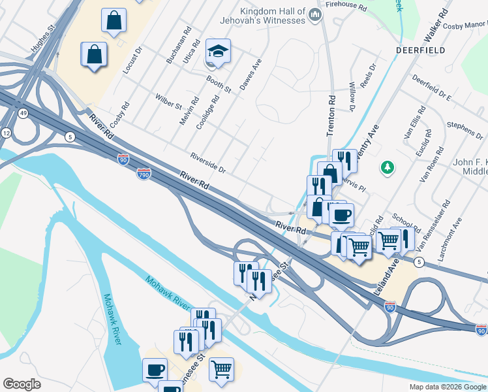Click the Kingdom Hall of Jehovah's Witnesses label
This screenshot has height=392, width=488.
pos(273,16)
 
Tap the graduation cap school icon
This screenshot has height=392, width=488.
pos(219,52)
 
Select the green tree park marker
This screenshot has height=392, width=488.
pos(388,168)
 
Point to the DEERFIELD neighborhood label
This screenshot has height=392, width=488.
pos(420,50)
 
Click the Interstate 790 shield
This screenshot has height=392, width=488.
pos(144,173)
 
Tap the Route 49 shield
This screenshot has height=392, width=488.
pos(23,114)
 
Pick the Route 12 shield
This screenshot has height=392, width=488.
pos(7,133)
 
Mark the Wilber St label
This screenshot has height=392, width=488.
pos(168,101)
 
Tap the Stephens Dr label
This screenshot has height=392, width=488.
pos(465,128)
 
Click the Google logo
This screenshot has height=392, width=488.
pos(22,384)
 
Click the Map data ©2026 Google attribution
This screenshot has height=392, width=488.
pos(448,387)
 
